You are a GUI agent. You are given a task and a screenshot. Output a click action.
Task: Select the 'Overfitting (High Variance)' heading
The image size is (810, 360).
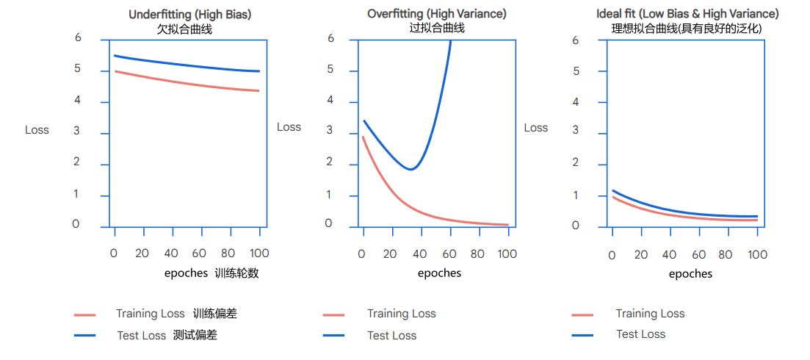tap(437, 14)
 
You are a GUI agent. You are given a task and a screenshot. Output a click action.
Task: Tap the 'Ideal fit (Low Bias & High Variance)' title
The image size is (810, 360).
tap(687, 14)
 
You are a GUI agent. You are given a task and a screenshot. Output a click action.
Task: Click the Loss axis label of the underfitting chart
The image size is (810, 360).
tap(37, 130)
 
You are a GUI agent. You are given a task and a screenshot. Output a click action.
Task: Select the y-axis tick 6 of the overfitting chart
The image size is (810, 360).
tap(330, 37)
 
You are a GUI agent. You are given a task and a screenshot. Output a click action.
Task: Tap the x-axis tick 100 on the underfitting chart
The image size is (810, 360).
tap(259, 253)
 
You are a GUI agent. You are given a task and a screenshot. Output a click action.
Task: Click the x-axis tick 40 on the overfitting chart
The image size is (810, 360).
tap(419, 254)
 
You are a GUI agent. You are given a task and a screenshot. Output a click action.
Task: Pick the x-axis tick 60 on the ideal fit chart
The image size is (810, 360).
tap(698, 255)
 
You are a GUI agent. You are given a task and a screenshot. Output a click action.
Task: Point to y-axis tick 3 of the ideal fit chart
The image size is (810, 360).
tap(576, 133)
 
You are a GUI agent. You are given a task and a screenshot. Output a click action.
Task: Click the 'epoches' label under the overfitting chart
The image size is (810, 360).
tap(439, 273)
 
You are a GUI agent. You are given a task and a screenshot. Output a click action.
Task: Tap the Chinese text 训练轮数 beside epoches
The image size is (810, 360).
tap(237, 273)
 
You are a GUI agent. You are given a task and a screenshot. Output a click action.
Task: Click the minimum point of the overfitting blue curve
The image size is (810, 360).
tap(411, 170)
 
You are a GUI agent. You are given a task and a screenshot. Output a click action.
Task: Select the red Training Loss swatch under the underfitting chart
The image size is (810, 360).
tap(85, 314)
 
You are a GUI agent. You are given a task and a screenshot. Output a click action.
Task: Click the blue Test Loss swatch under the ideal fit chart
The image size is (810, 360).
tap(582, 335)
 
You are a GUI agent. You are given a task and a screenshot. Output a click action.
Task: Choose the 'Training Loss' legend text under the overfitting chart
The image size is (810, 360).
tap(402, 314)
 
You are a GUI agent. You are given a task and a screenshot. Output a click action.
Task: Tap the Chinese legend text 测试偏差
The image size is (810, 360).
tap(195, 336)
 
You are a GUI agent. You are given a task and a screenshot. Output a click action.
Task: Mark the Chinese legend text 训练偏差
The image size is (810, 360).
tap(215, 314)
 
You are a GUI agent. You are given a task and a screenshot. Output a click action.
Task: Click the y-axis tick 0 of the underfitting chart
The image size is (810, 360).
tap(76, 224)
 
